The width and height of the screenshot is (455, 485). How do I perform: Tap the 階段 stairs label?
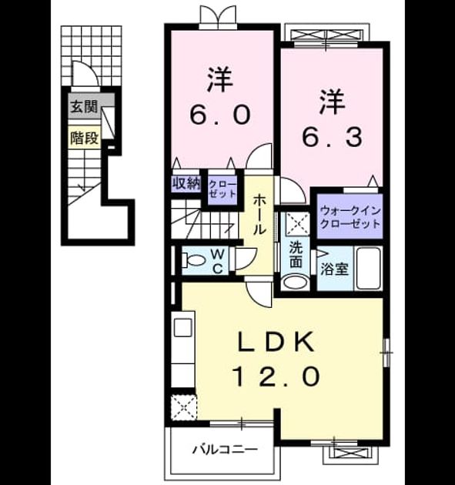(84, 138)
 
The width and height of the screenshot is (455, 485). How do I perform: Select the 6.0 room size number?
(220, 115)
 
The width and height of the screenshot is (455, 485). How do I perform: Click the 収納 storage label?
(186, 184)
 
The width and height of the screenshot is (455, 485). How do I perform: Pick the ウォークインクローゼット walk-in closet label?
(350, 217)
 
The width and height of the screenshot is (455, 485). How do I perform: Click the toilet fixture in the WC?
(193, 260)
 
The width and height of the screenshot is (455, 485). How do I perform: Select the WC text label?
(218, 262)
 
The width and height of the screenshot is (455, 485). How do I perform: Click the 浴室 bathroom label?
(334, 269)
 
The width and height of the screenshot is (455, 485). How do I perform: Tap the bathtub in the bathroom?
(370, 268)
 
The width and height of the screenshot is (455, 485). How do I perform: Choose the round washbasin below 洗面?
(296, 283)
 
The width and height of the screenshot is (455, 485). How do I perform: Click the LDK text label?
(276, 342)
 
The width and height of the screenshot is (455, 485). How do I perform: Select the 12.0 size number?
(276, 376)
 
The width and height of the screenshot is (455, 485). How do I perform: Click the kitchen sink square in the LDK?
(183, 327)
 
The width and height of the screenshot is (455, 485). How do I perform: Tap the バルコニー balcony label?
(225, 450)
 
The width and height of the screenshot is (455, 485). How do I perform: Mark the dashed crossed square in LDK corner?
(184, 407)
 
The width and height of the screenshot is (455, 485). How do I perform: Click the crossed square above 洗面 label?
(296, 223)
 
